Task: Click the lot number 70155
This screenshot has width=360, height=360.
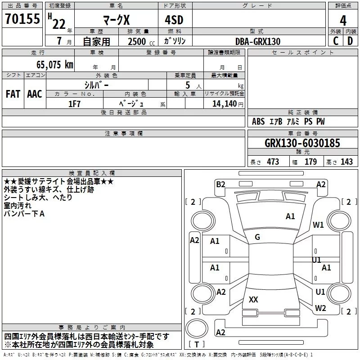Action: point(22,18)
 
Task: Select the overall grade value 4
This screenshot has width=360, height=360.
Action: point(343,21)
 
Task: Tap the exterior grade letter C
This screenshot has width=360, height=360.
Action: point(336,41)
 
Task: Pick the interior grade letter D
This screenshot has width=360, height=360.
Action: point(350,41)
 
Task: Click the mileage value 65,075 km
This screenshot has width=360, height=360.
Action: point(55,64)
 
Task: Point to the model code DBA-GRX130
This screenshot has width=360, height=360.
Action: point(258,41)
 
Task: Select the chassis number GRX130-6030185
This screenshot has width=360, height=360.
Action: point(302,143)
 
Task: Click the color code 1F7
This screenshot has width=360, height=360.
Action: point(74,104)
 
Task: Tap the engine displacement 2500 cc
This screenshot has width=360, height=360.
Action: point(141,41)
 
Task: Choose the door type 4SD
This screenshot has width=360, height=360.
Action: point(174,20)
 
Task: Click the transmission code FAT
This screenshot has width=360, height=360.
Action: point(13,94)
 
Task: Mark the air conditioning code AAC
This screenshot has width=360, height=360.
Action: point(35,94)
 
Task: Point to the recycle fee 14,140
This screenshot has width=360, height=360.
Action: point(225,104)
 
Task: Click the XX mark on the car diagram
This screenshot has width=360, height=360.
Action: point(253,299)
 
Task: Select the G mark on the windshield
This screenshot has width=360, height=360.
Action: point(257,237)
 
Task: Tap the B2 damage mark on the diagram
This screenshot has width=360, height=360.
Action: point(220,184)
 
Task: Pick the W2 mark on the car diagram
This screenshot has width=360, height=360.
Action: point(320,308)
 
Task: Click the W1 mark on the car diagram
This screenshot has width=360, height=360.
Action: point(318,225)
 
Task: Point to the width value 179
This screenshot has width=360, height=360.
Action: point(310,162)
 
